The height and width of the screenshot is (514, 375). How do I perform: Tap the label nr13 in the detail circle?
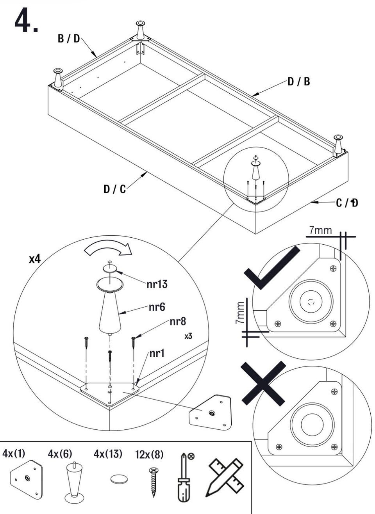click(157, 284)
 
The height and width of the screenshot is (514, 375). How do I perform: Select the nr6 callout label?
click(157, 307)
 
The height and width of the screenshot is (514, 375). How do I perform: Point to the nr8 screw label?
click(178, 322)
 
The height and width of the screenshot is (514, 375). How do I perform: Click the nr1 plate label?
click(157, 354)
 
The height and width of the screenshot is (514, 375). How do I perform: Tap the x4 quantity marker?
click(34, 259)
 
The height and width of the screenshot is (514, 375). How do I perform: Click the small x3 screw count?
click(188, 336)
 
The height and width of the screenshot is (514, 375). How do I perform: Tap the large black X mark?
click(263, 383)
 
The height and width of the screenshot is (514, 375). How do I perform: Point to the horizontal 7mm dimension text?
click(320, 230)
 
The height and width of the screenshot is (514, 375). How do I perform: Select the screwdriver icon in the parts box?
click(184, 477)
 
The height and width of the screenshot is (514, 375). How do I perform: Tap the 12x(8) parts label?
click(149, 455)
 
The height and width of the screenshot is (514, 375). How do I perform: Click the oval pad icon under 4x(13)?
click(119, 479)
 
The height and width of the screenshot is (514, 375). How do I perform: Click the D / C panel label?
click(114, 189)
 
